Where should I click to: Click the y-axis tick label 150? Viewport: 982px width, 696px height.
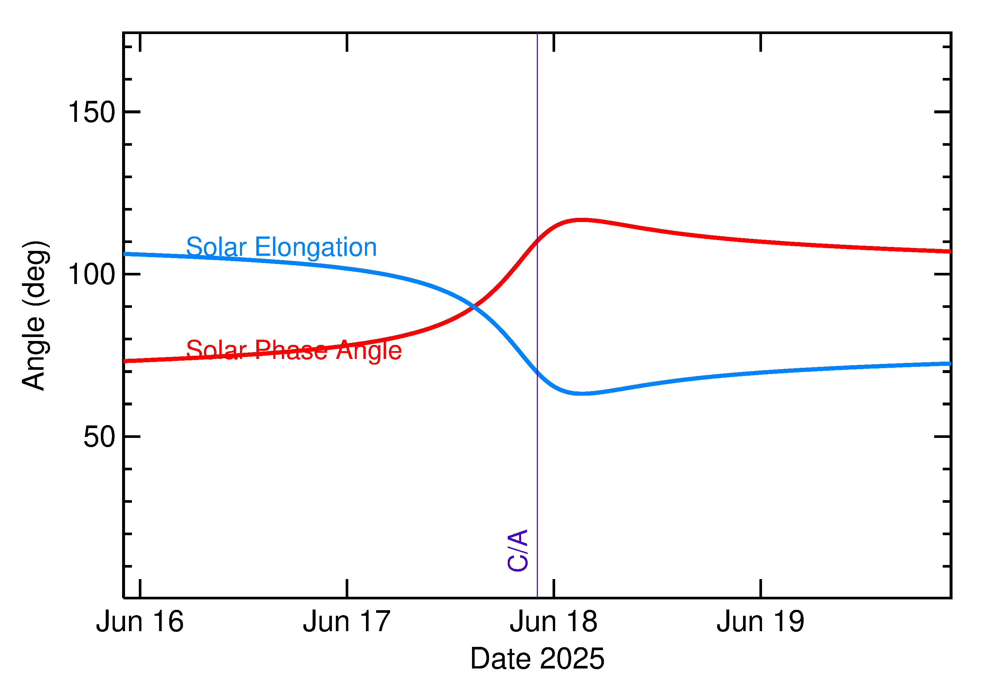pyautogui.click(x=92, y=112)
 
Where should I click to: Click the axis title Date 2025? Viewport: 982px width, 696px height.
pyautogui.click(x=537, y=659)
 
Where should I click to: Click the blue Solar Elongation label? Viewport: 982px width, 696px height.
pyautogui.click(x=282, y=247)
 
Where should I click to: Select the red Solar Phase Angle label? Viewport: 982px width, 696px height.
pyautogui.click(x=294, y=350)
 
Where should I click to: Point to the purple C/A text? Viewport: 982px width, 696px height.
pyautogui.click(x=518, y=551)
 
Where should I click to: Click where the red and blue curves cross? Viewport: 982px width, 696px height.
pyautogui.click(x=473, y=307)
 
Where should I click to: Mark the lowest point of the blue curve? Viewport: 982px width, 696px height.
pyautogui.click(x=581, y=393)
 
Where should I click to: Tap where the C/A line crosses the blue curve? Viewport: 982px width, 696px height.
pyautogui.click(x=537, y=371)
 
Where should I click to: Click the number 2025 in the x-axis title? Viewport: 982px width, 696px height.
pyautogui.click(x=572, y=659)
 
